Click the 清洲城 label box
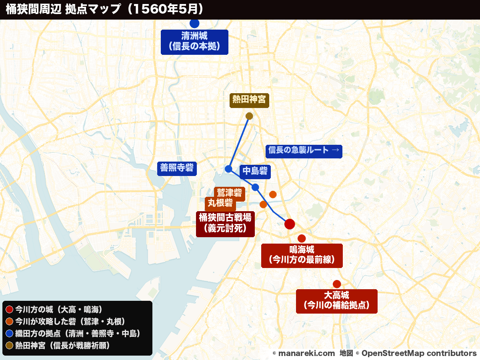tap(194, 42)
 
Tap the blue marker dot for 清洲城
tap(194, 23)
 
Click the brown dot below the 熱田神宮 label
tap(249, 116)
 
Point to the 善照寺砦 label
tap(177, 168)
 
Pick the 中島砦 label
tap(255, 172)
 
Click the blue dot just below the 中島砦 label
tap(255, 187)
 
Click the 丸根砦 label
tap(220, 203)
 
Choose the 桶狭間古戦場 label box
tap(225, 223)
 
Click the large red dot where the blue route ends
tap(290, 224)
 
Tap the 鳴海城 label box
tap(302, 256)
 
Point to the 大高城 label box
tap(336, 301)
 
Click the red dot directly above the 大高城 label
tap(336, 284)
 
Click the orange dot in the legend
tap(10, 322)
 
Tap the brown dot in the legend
tap(10, 345)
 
